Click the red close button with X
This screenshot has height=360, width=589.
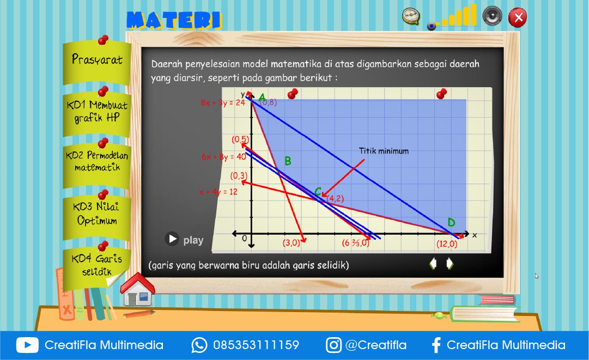pos(518,17)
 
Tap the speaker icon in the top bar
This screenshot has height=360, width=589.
pos(492,15)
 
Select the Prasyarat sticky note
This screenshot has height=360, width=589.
pos(97,60)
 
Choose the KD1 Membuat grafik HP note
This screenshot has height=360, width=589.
pos(97,111)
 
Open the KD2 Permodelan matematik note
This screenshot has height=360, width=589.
pos(97,162)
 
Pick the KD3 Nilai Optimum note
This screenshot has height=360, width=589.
pos(97,214)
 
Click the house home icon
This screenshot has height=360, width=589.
pos(137,289)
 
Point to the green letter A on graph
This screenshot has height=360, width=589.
pos(262,99)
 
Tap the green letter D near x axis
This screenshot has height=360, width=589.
pos(451,222)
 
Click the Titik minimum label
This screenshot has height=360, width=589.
pos(384,151)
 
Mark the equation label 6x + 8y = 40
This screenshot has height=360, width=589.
pos(223,157)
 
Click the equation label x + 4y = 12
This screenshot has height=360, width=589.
pos(218,192)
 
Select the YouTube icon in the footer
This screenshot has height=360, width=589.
pos(27,345)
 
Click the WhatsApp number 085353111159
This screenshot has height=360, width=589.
pos(256,345)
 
